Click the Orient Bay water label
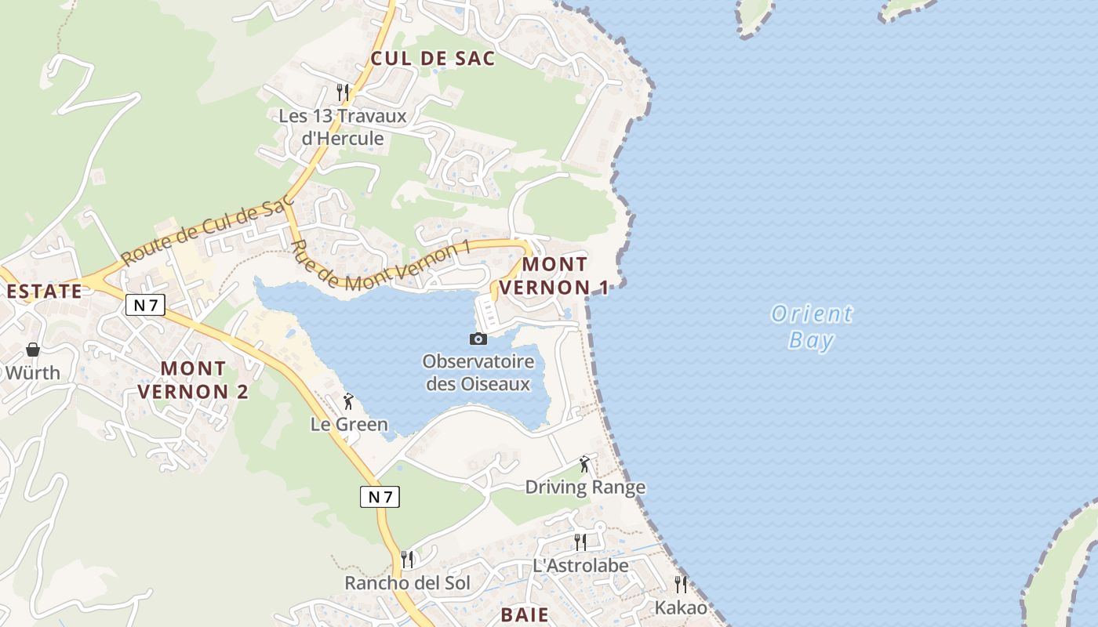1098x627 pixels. (x=811, y=327)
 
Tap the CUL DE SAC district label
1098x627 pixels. (x=433, y=58)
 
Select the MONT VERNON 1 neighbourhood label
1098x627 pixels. (x=554, y=276)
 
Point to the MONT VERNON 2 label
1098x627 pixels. (x=193, y=379)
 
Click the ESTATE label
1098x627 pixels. (x=44, y=292)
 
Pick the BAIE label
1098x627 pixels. (x=525, y=614)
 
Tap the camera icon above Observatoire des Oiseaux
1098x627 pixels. (x=478, y=339)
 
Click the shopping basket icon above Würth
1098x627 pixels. (x=33, y=350)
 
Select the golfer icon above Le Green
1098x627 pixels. (x=348, y=402)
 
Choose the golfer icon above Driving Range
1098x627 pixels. (x=584, y=465)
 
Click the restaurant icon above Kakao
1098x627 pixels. (x=681, y=584)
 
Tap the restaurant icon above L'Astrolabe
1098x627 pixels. (x=580, y=542)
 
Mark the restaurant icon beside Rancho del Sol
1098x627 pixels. (x=407, y=559)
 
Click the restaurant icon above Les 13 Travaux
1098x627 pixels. (x=343, y=92)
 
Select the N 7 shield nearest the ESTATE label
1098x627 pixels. (x=145, y=306)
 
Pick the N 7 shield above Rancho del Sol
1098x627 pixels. (x=380, y=496)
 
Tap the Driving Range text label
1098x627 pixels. (x=585, y=487)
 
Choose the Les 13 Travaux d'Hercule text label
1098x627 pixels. (x=343, y=128)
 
